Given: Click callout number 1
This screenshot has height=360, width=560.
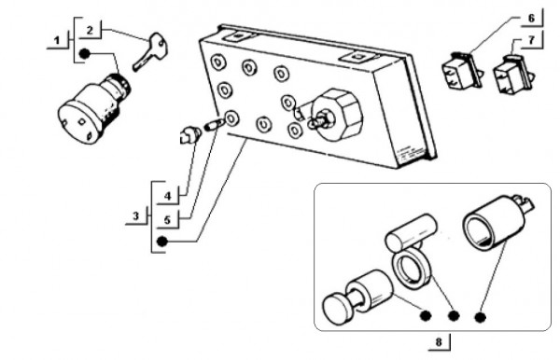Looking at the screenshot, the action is pyautogui.click(x=57, y=41).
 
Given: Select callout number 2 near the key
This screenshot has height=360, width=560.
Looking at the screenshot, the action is pyautogui.click(x=90, y=30).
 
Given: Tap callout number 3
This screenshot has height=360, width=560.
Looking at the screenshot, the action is pyautogui.click(x=135, y=215).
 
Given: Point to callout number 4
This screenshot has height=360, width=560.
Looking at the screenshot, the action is pyautogui.click(x=168, y=196).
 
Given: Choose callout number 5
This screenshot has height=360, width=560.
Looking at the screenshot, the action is pyautogui.click(x=167, y=220).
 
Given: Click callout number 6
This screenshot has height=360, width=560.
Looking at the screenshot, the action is pyautogui.click(x=531, y=18).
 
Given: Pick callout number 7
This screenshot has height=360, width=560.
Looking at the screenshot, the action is pyautogui.click(x=531, y=40).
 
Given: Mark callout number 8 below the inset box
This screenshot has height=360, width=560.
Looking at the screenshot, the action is pyautogui.click(x=439, y=342).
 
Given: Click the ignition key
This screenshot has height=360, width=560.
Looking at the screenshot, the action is pyautogui.click(x=150, y=51).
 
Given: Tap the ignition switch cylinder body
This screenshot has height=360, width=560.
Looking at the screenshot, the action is pyautogui.click(x=92, y=108).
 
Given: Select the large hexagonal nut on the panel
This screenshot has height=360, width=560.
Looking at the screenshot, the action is pyautogui.click(x=337, y=115).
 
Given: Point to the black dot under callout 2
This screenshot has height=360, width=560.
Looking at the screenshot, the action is pyautogui.click(x=85, y=54).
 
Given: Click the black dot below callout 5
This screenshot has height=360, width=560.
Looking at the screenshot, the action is pyautogui.click(x=161, y=242).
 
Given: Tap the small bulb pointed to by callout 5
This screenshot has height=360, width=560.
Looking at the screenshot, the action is pyautogui.click(x=215, y=125).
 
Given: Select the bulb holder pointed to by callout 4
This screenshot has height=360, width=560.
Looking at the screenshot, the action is pyautogui.click(x=190, y=135).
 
